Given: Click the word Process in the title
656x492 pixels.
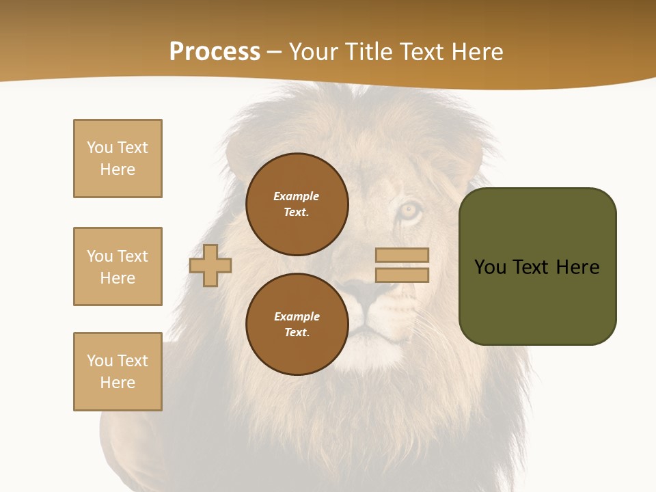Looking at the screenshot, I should tap(215, 52).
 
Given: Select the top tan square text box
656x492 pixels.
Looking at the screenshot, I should tap(118, 159).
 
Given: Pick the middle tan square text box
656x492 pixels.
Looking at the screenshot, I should tap(118, 266).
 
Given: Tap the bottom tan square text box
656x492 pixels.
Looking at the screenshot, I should tap(118, 372).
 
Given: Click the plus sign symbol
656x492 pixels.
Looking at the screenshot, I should tap(210, 266).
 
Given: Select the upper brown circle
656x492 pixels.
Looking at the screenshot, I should tap(297, 204).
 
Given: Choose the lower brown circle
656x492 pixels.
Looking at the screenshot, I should tap(297, 325).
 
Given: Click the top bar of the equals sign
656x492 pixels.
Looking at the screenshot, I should tap(402, 256).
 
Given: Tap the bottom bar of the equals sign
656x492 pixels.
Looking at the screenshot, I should tap(402, 275).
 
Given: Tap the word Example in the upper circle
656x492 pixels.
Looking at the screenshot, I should tap(296, 196).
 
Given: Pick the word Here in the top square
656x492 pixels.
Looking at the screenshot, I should tap(118, 169).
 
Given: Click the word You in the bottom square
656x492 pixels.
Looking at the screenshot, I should tap(99, 361).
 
